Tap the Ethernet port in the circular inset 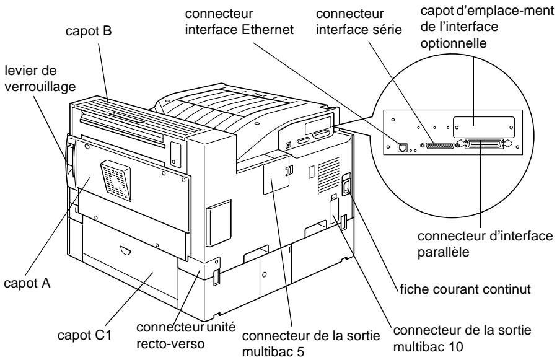click(x=402, y=147)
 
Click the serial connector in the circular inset click(x=437, y=146)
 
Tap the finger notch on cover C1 click(x=126, y=251)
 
